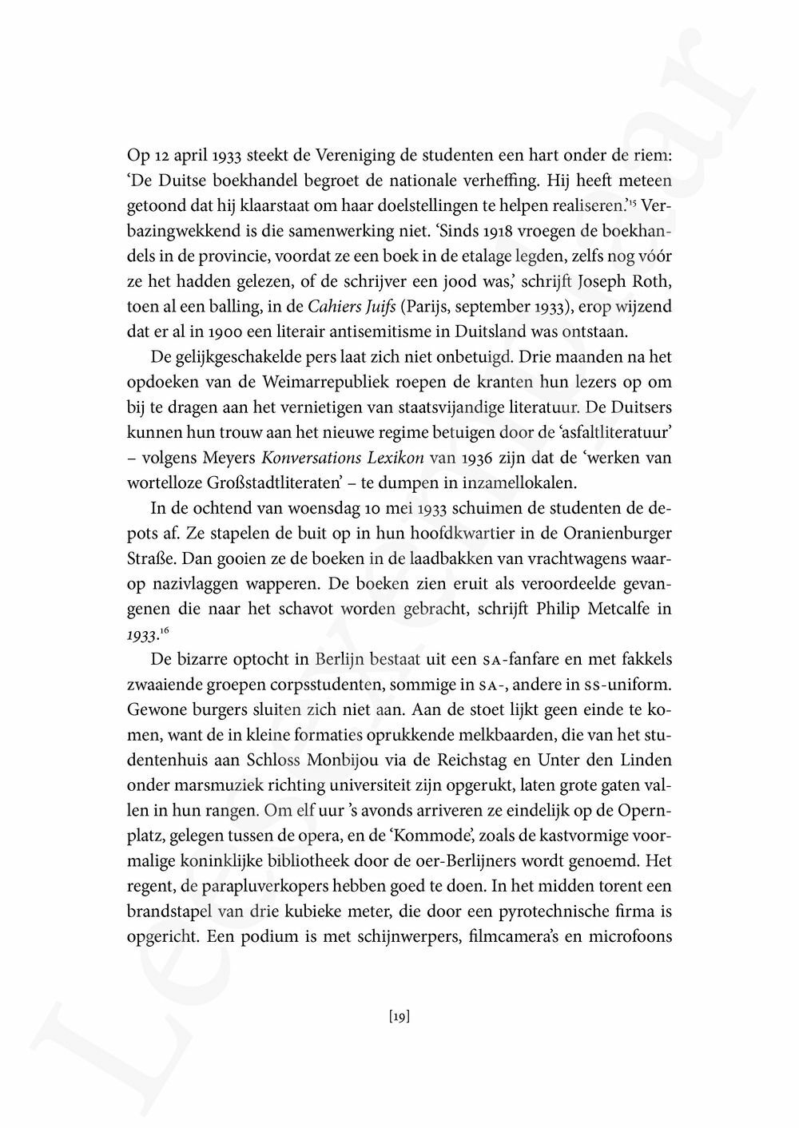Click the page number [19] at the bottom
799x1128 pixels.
pos(399,1016)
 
